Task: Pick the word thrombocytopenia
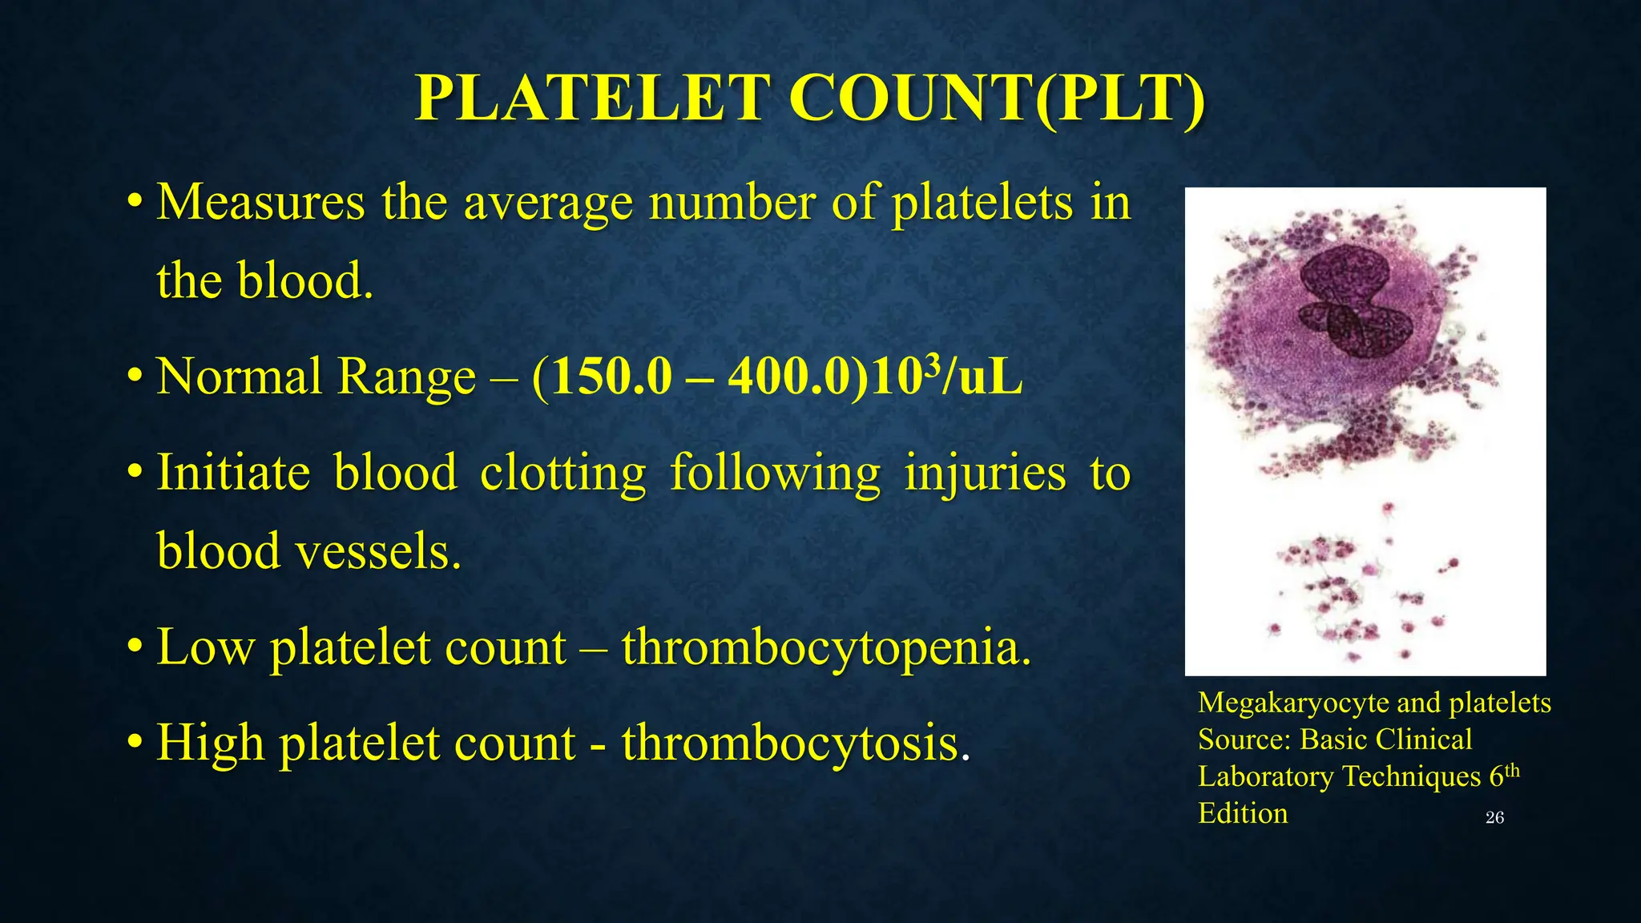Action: (x=825, y=647)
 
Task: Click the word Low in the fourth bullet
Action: (x=205, y=647)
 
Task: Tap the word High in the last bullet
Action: (x=210, y=743)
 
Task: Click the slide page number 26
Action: (x=1494, y=817)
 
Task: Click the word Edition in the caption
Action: (x=1243, y=813)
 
